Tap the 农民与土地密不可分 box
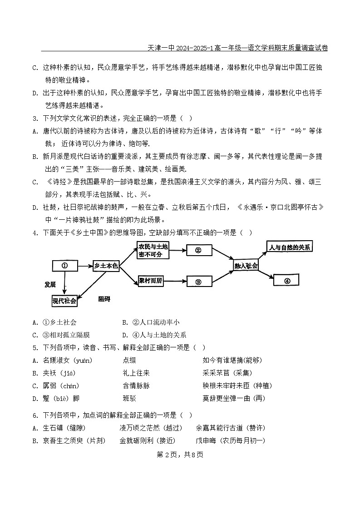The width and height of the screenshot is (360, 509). pos(153,250)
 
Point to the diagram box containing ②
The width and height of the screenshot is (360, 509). pos(197,250)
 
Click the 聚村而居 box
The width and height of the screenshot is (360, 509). pos(150,281)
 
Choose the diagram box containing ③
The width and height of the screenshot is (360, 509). pos(198,282)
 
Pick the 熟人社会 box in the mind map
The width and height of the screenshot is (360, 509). pos(246,266)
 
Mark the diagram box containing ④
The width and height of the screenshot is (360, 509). pos(286,281)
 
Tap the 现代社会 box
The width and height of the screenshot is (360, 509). pos(64,301)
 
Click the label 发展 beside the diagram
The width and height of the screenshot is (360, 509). pos(50,285)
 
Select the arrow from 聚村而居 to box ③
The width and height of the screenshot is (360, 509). pos(175,282)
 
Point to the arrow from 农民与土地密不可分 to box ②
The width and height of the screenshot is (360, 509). pos(177,250)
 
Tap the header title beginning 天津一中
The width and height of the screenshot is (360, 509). pos(238,48)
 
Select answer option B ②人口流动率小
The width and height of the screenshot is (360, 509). pos(150,322)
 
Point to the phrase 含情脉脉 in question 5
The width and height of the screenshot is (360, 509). pos(136,386)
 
